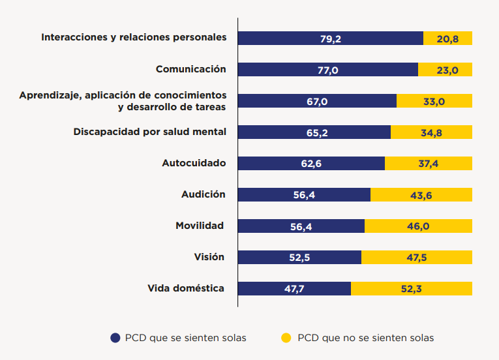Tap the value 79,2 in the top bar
tap(331, 39)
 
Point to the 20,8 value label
tap(447, 39)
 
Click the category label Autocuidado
tap(194, 163)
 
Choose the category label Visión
tap(209, 257)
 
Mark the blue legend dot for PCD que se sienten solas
tap(115, 338)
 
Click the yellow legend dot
tap(286, 338)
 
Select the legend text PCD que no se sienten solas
tap(365, 338)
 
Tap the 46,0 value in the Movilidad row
tap(418, 226)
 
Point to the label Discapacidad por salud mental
tap(150, 132)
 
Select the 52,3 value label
tap(412, 289)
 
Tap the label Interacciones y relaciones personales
tap(134, 37)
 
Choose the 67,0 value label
tap(317, 102)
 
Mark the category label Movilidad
tap(200, 226)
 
